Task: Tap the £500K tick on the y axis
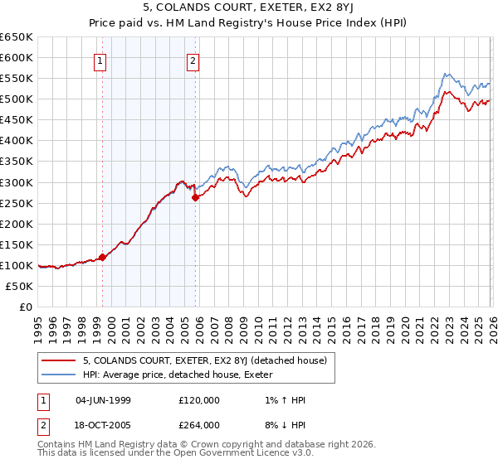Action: [x=16, y=99]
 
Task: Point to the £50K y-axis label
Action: [x=19, y=286]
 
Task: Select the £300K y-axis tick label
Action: [x=16, y=182]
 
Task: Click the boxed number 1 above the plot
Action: [x=100, y=60]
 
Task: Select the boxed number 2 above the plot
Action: [x=193, y=60]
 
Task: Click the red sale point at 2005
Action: [x=196, y=197]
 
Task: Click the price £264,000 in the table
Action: [x=198, y=425]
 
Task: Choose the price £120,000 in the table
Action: [x=198, y=400]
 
